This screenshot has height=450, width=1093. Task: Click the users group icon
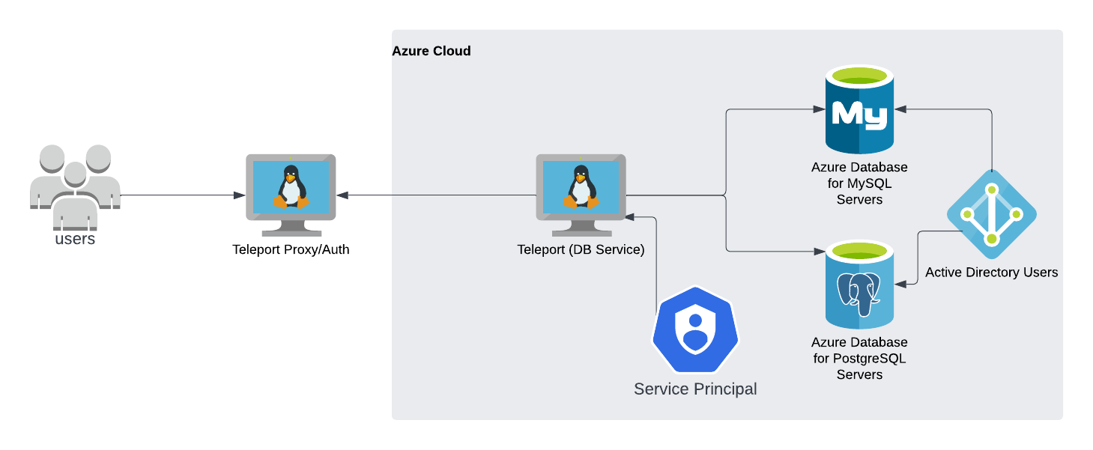[x=75, y=186]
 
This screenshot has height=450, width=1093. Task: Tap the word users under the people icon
[x=75, y=240]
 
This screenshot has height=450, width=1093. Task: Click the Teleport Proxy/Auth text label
[x=291, y=249]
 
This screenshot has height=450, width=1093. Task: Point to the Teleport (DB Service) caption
[x=581, y=249]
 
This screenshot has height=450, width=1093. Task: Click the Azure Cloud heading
[x=432, y=51]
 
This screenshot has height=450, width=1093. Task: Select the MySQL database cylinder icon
[x=859, y=109]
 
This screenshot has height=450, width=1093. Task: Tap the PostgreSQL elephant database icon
[x=859, y=285]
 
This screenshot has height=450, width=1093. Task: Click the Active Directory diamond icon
[x=991, y=215]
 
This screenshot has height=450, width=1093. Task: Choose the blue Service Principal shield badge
[x=695, y=329]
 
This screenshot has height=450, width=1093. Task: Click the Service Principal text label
[x=695, y=389]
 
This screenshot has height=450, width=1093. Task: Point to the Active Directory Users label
[x=991, y=273]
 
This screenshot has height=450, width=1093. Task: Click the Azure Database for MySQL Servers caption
[x=859, y=183]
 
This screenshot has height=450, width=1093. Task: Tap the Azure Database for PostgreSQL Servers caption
[x=859, y=358]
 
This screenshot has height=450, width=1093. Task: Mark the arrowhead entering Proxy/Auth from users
[x=239, y=195]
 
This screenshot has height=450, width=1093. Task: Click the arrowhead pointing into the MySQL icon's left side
[x=820, y=109]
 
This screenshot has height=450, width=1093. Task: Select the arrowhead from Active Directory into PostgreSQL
[x=901, y=284]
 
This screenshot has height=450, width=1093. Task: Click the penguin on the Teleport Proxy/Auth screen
[x=291, y=187]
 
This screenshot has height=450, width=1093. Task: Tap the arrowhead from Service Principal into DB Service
[x=632, y=217]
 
